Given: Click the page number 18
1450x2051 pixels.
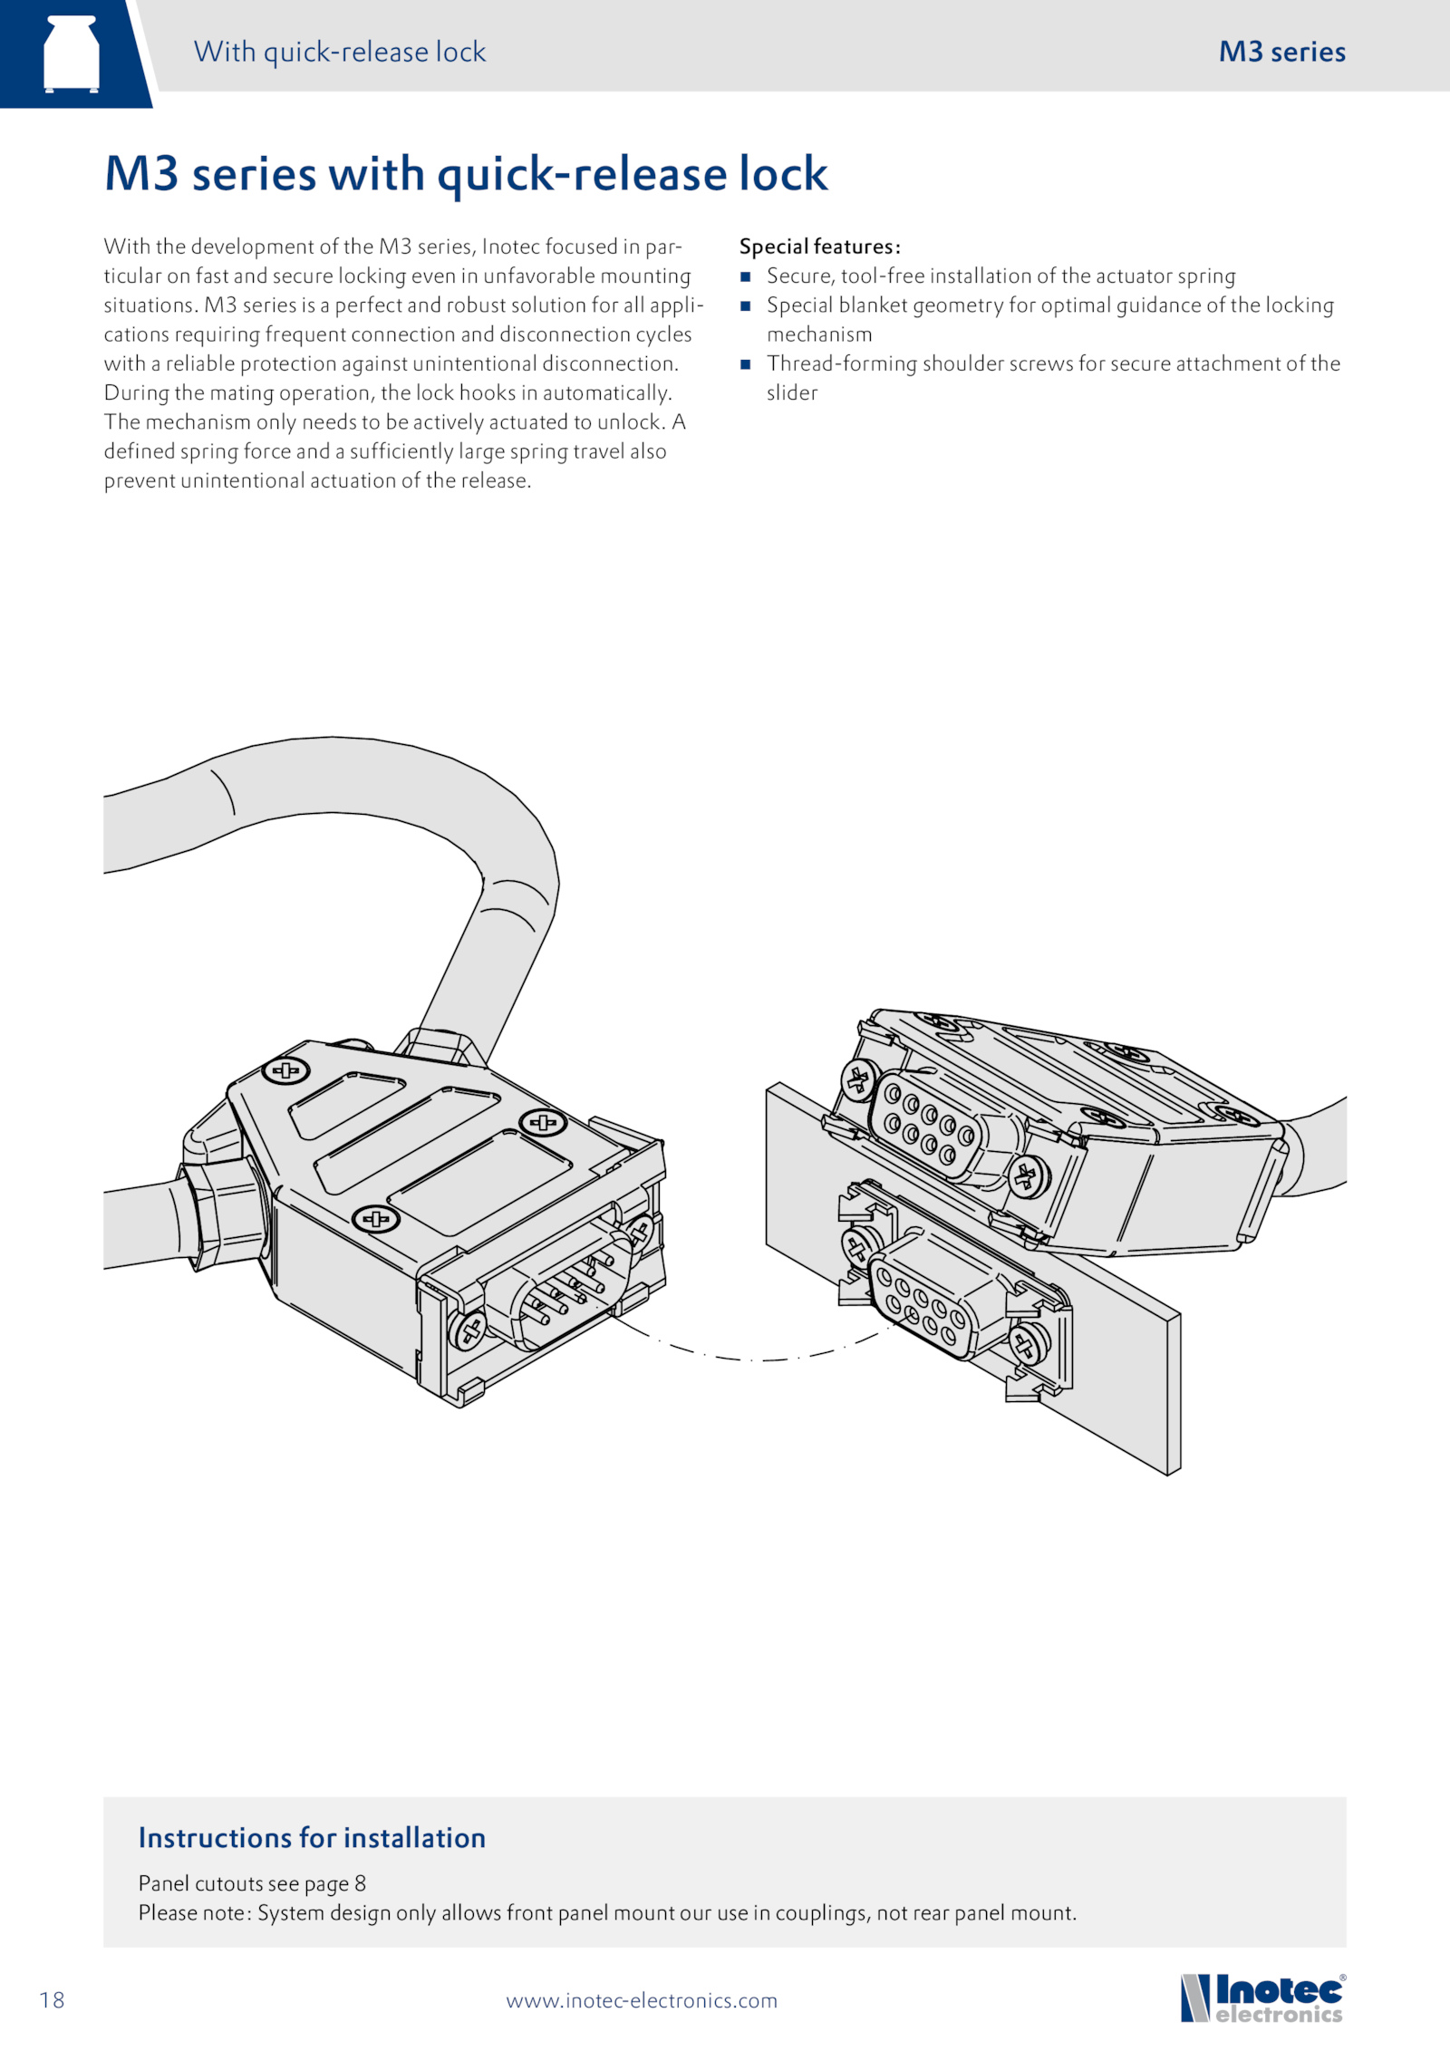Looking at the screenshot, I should point(52,2000).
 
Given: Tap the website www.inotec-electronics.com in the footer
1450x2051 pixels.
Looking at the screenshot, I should point(642,2000).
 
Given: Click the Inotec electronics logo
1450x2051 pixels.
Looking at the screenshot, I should point(1262,1998).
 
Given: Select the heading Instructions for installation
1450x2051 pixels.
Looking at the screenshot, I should point(312,1837).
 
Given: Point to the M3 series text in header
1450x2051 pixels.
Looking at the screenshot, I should point(1281,52).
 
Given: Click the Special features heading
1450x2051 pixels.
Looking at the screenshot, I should point(819,247).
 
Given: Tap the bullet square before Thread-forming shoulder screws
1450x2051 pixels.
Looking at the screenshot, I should point(746,364).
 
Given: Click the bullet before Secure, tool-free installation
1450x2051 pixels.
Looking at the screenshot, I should point(746,276).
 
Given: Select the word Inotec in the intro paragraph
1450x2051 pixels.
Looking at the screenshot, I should point(510,247).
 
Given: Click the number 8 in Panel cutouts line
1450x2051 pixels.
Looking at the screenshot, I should point(360,1883).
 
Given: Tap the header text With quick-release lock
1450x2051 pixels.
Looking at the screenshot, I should point(340,52).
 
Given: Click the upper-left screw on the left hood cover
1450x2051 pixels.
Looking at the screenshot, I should point(285,1071).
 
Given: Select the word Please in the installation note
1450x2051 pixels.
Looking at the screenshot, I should point(166,1913).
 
